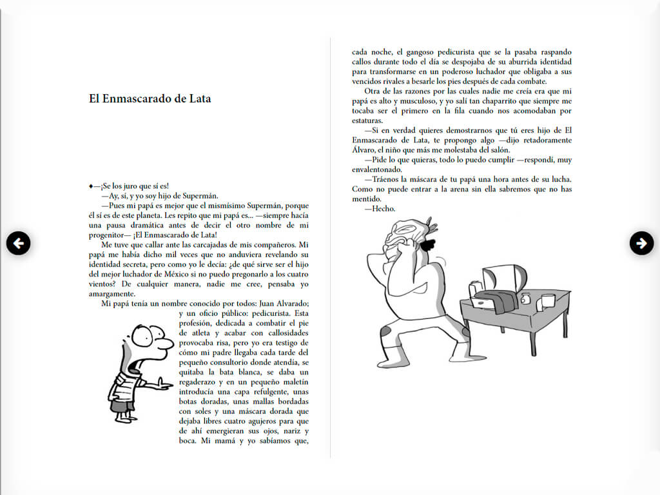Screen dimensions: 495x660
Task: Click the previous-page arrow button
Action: tap(19, 243)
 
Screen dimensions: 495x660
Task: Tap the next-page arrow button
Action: tap(641, 243)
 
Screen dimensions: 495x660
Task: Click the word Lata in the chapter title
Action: tap(199, 99)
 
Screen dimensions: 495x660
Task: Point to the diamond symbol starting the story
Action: tap(92, 186)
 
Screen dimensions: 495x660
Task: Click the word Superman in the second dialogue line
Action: tap(200, 196)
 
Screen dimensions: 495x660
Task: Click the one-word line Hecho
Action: tap(380, 209)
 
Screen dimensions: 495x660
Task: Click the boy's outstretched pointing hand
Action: tap(164, 386)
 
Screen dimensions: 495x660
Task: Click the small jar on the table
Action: tap(525, 299)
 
